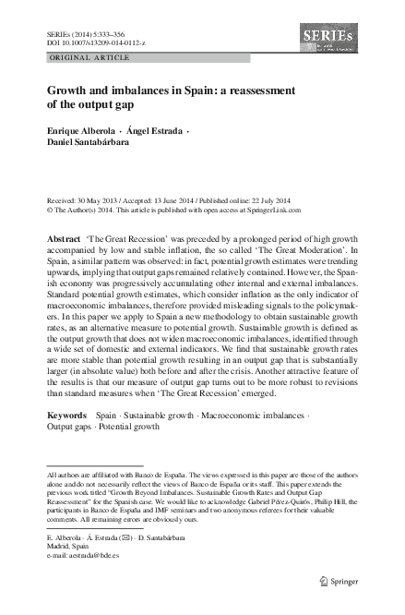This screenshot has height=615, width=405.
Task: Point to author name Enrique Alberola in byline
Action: [x=81, y=132]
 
